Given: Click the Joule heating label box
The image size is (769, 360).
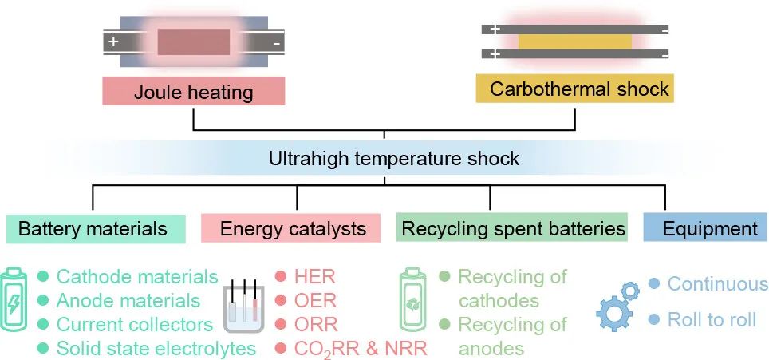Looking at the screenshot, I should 193,91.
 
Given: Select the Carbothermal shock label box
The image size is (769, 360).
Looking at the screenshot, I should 574,88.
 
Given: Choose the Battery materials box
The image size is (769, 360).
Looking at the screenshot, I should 93,229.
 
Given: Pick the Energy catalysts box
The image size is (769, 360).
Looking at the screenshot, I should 293,229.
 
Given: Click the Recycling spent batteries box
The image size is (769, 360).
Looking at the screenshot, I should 513,229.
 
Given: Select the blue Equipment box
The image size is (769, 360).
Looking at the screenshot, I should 710,229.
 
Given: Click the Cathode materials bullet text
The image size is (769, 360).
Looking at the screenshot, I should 137,277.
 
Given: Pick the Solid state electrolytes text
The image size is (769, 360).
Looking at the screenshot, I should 156,349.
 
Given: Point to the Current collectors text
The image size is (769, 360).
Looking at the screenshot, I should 135,325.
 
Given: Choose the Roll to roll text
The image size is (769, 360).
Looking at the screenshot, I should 712,320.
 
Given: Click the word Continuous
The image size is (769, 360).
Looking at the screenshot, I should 717,284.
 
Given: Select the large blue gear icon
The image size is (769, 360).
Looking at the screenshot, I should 613,314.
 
